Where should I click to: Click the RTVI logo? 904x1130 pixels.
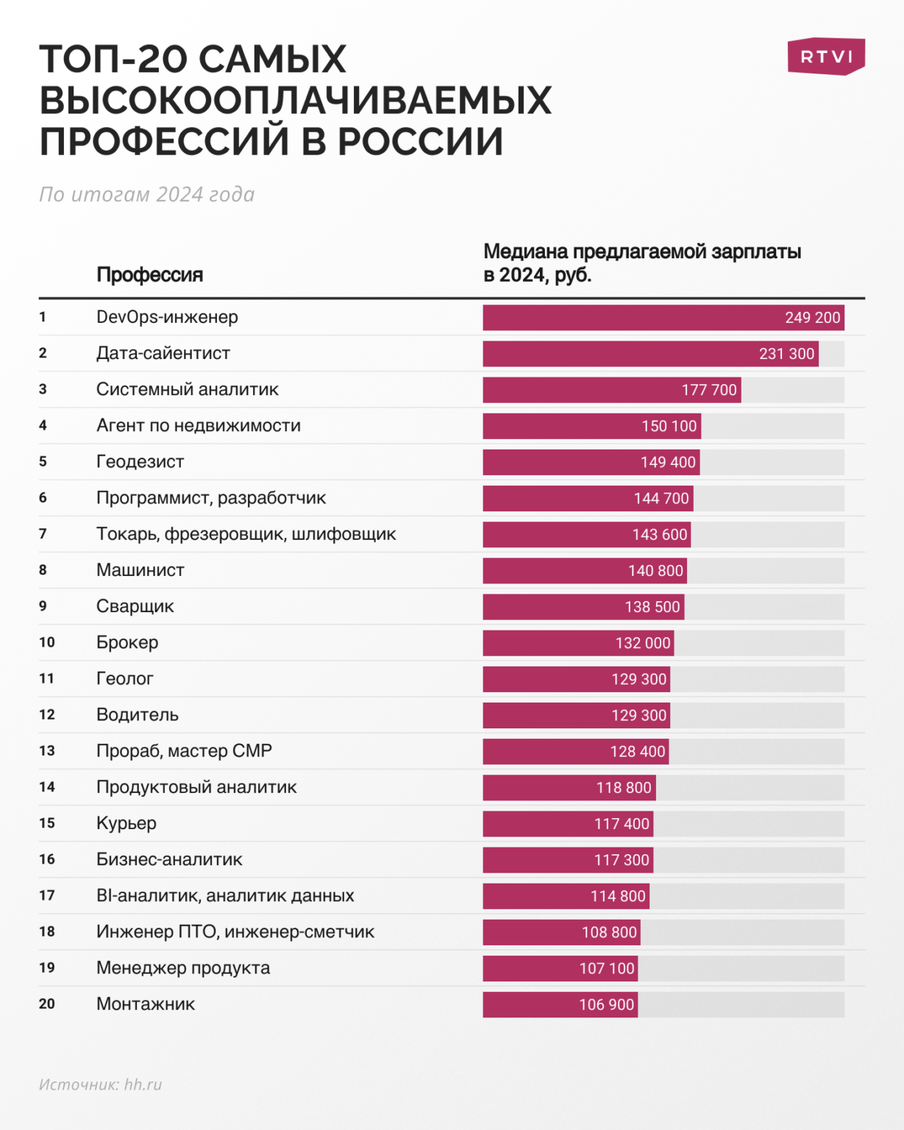(x=826, y=57)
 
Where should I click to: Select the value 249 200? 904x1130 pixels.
(x=812, y=318)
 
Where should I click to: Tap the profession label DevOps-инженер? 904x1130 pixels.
(x=167, y=317)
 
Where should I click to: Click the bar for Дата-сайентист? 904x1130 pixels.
(x=650, y=354)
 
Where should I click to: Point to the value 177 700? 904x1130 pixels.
(x=708, y=390)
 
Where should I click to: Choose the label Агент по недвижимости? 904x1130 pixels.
(x=199, y=425)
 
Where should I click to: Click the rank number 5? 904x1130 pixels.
(x=43, y=461)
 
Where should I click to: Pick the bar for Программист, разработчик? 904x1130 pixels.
(x=588, y=499)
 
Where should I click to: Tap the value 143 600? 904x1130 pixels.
(x=659, y=535)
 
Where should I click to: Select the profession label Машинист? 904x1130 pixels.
(x=140, y=570)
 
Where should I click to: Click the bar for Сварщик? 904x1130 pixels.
(x=583, y=607)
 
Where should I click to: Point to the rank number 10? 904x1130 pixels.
(x=47, y=642)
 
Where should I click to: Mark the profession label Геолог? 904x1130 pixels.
(x=125, y=678)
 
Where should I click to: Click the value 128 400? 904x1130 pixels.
(x=637, y=752)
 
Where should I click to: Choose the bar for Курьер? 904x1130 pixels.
(x=568, y=824)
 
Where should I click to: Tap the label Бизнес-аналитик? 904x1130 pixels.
(x=169, y=859)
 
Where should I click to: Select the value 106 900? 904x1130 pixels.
(x=606, y=1005)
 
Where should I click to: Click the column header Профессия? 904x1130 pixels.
(x=149, y=275)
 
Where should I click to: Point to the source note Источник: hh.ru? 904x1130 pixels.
(x=100, y=1084)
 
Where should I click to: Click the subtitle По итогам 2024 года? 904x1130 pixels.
(x=146, y=194)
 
